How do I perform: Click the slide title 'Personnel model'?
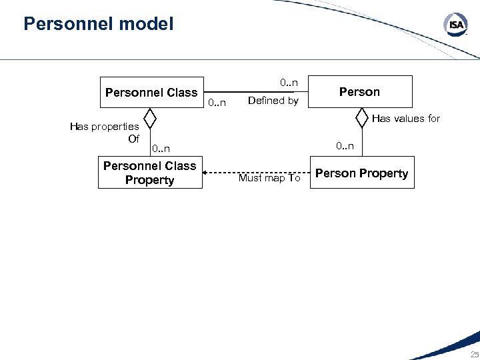[98, 25]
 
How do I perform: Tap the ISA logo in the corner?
[455, 25]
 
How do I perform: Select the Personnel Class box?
[151, 92]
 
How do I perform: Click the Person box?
[360, 92]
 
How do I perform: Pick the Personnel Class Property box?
[150, 173]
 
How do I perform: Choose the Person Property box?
[362, 173]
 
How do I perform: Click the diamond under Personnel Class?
[151, 119]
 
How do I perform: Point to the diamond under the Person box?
[361, 118]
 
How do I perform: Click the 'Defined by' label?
[273, 101]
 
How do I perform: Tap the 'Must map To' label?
[270, 178]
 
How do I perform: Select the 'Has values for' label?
[406, 119]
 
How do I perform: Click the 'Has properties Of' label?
[105, 132]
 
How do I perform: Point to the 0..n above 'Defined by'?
[289, 83]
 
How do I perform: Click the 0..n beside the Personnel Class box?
[217, 103]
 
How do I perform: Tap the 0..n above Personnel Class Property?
[161, 148]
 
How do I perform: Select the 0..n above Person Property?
[345, 145]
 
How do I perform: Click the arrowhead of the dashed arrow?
[207, 173]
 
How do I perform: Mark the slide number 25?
[474, 354]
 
